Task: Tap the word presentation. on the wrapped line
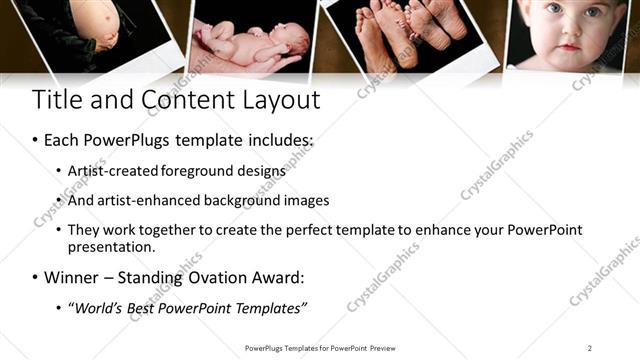point(112,246)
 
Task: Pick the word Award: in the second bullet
point(278,277)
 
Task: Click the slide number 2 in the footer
point(590,348)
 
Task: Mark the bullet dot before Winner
point(37,277)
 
